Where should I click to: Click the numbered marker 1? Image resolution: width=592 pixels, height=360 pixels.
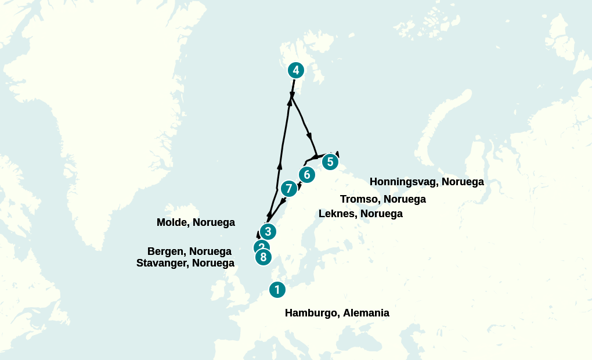(277, 289)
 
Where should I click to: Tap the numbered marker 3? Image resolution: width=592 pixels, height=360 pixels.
(267, 231)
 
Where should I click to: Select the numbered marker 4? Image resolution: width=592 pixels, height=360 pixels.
(296, 70)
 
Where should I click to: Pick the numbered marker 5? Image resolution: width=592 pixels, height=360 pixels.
(330, 161)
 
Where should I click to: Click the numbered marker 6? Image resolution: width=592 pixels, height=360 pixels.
(306, 174)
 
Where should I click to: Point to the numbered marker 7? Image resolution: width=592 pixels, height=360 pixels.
(288, 189)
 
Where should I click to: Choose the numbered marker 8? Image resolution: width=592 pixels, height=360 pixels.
(263, 257)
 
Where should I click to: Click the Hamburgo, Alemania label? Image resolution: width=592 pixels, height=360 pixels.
(337, 313)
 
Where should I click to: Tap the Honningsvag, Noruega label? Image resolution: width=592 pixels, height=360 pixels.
(427, 182)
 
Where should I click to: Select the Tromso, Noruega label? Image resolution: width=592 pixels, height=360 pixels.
(382, 199)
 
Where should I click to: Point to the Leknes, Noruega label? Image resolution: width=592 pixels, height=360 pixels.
(360, 214)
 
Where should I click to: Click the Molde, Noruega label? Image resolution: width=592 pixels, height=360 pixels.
(196, 222)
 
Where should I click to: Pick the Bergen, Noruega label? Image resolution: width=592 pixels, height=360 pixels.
(189, 251)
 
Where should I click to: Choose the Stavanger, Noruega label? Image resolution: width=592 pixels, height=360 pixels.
(185, 263)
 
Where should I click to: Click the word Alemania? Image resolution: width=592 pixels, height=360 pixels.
(366, 313)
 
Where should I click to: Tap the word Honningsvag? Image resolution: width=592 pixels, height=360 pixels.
(403, 182)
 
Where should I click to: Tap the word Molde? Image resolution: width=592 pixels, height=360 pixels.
(172, 222)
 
